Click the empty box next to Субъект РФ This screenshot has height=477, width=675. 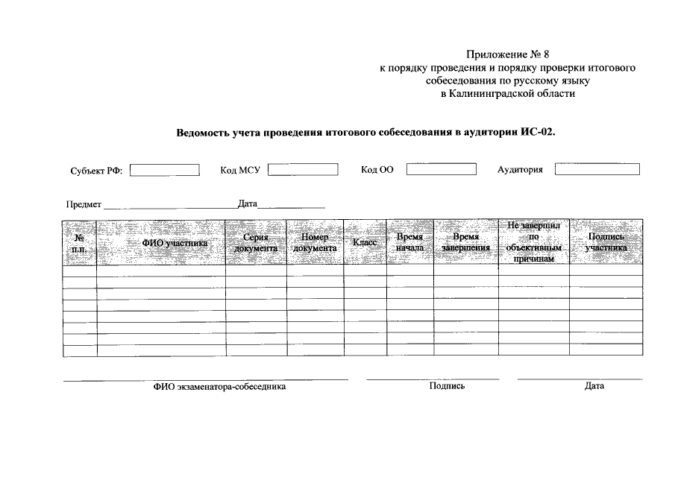point(165,170)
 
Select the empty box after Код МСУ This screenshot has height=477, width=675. point(304,169)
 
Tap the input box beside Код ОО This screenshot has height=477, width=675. point(442,169)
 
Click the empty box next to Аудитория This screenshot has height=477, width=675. point(597,169)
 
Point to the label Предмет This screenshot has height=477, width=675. point(84,203)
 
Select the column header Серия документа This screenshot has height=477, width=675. point(256,243)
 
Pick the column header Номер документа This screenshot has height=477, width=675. point(315,243)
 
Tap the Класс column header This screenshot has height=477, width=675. point(364,243)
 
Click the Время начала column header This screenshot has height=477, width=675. point(409,243)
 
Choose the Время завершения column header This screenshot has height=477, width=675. point(465,243)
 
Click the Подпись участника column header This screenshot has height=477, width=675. point(606,243)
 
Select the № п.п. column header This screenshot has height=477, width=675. point(79,243)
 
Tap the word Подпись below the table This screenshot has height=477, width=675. point(448,386)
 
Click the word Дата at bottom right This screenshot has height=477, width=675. point(594,386)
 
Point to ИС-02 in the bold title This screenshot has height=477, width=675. point(539,133)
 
